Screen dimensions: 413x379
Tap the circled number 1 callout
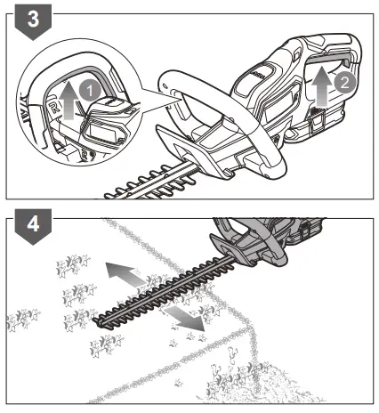coord(87,90)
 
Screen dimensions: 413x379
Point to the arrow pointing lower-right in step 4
coord(184,320)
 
